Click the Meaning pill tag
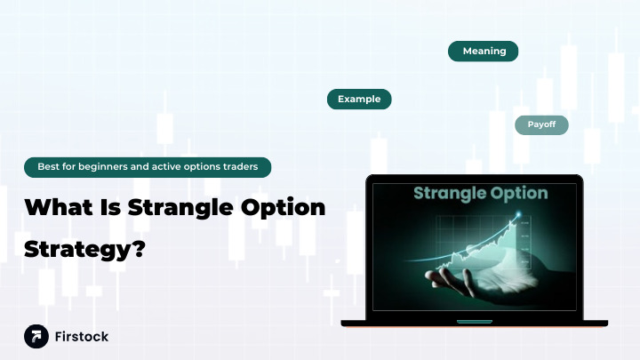[484, 52]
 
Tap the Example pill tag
[359, 100]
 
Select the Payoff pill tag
[541, 124]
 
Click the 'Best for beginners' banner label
[148, 166]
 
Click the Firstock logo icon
[36, 337]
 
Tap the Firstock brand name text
[82, 337]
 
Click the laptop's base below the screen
[474, 323]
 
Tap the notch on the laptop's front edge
[474, 321]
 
